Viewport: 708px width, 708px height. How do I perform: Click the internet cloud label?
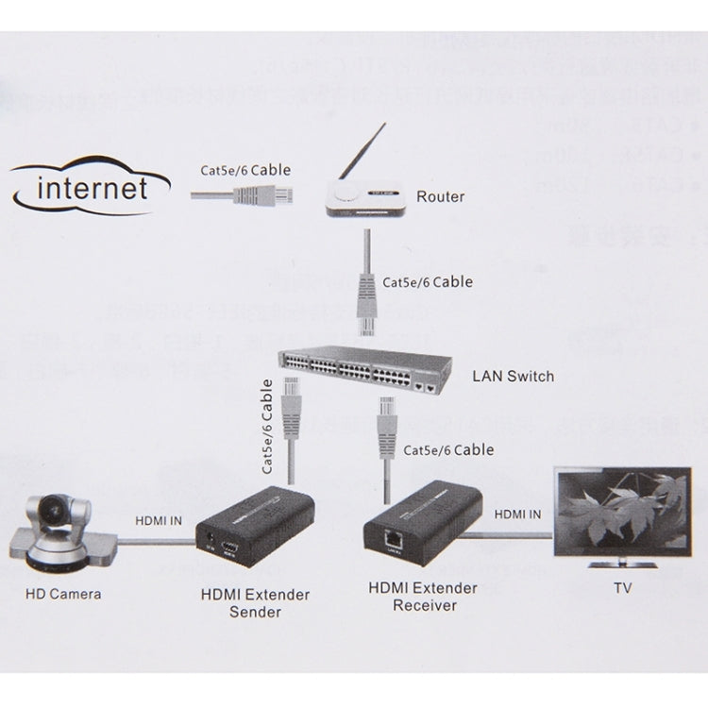coord(93,188)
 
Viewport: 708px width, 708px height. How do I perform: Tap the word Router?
coord(440,196)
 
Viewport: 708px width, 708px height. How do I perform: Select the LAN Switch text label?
coord(512,376)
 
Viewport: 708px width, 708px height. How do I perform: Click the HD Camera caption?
coord(63,594)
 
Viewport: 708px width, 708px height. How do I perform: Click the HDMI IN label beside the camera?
coord(159,517)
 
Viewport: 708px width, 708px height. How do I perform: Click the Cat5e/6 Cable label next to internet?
coord(245,171)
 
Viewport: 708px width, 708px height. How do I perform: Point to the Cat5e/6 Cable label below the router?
coord(427,281)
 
